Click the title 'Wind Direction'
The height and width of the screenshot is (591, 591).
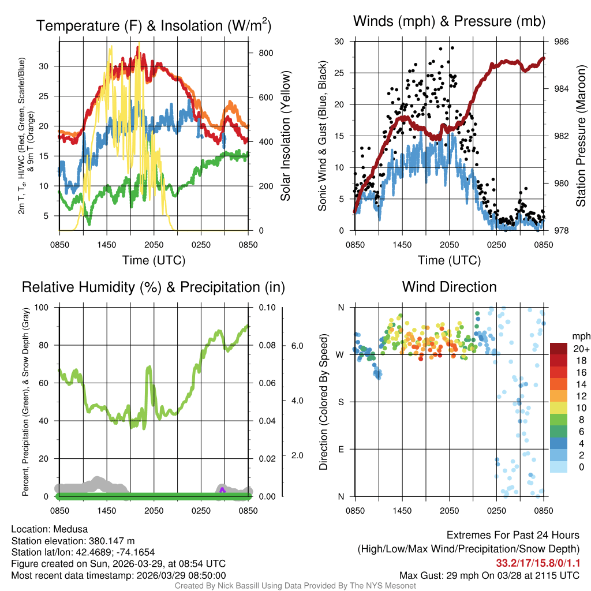pyautogui.click(x=449, y=287)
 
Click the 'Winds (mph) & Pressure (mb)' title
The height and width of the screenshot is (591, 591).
pyautogui.click(x=449, y=21)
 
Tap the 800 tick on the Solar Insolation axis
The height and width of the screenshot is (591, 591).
pyautogui.click(x=260, y=53)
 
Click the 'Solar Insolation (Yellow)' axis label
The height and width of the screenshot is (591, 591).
pyautogui.click(x=285, y=136)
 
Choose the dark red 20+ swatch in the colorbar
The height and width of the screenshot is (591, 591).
pyautogui.click(x=559, y=349)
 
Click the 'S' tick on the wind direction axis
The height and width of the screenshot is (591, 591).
pyautogui.click(x=341, y=402)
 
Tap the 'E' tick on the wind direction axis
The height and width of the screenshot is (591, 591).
pyautogui.click(x=341, y=449)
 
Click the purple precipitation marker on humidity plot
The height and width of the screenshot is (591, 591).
pyautogui.click(x=223, y=489)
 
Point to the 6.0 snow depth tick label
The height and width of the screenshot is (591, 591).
pyautogui.click(x=297, y=346)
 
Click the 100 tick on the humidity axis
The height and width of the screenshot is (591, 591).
pyautogui.click(x=41, y=307)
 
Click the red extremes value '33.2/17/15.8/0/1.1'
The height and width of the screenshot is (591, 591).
pyautogui.click(x=537, y=563)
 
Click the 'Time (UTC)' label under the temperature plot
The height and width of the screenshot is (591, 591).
pyautogui.click(x=154, y=260)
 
